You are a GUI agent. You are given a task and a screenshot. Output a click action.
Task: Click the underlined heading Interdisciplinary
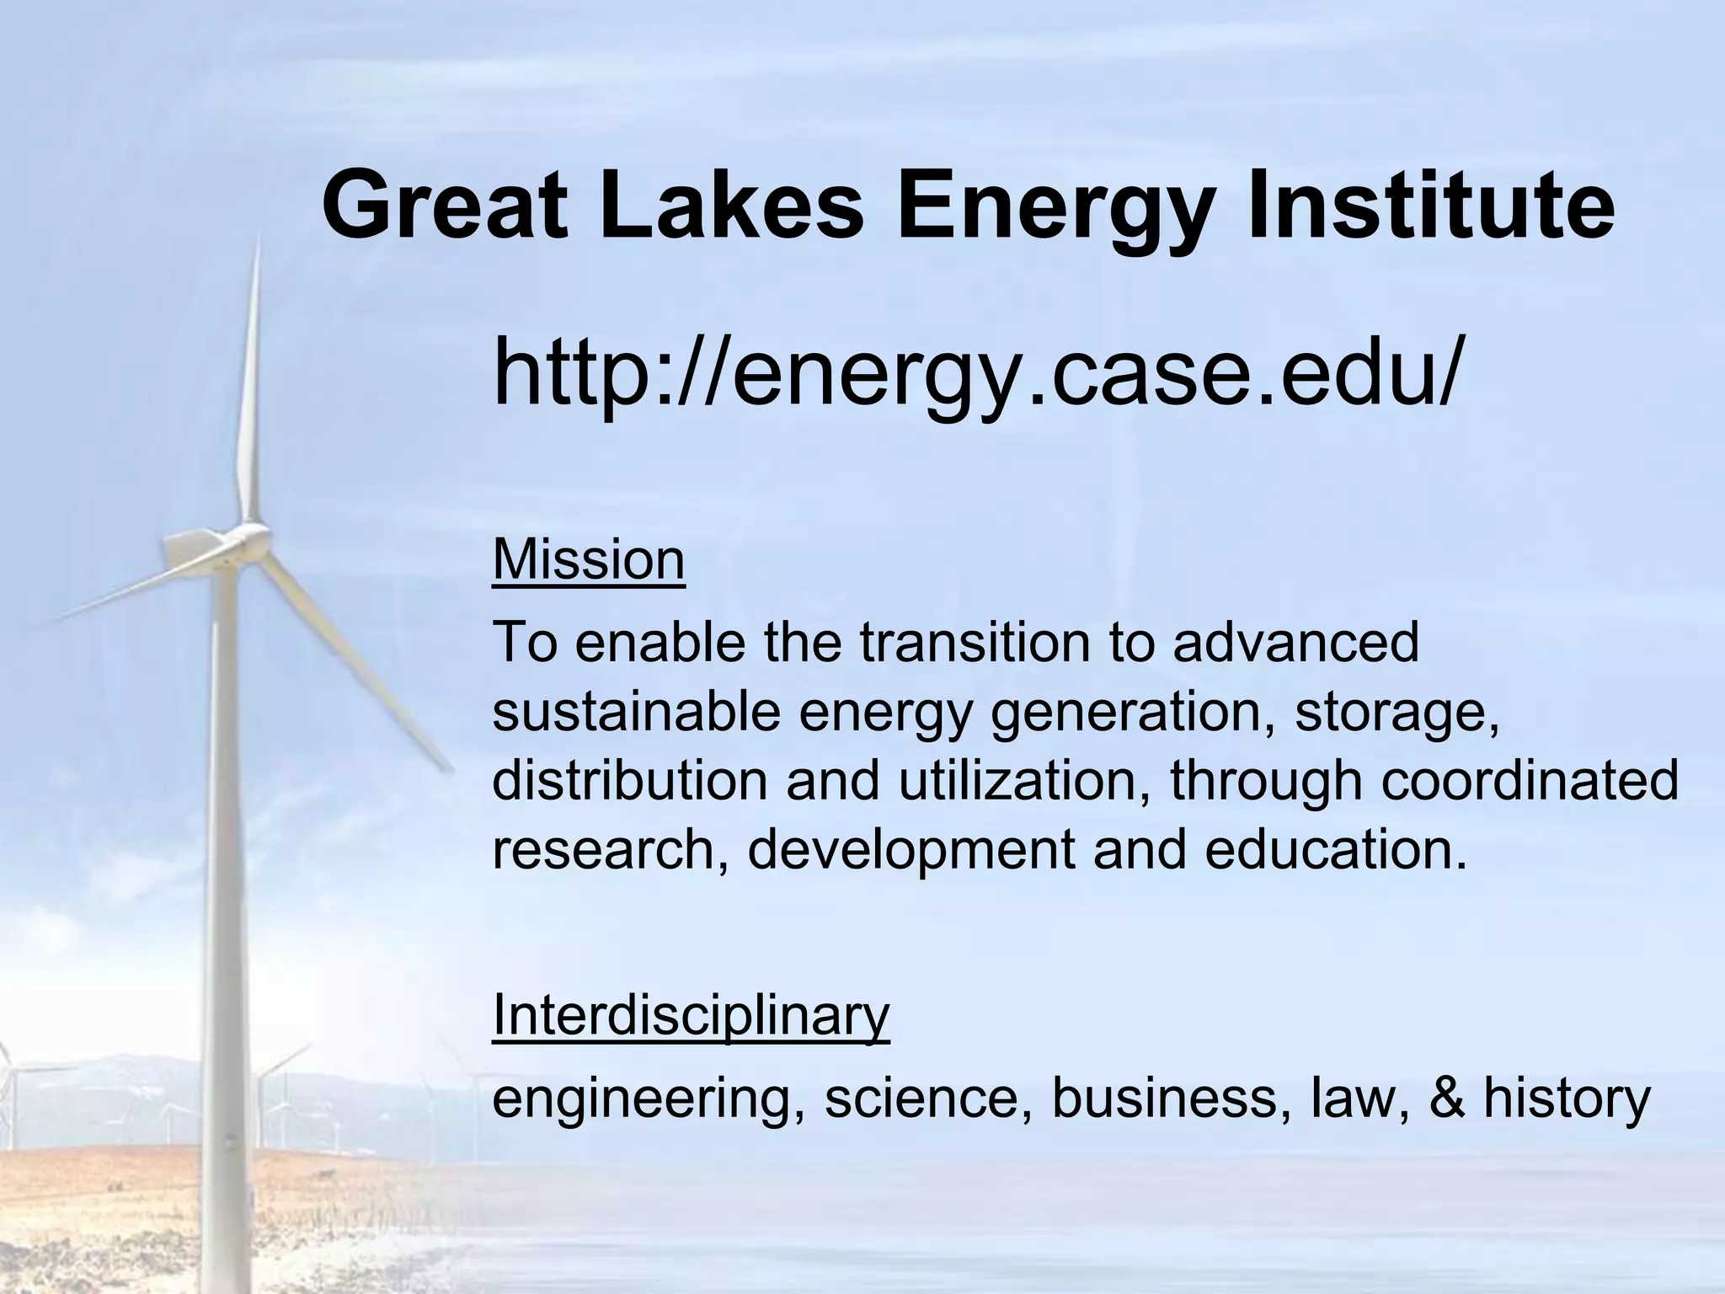pos(691,1015)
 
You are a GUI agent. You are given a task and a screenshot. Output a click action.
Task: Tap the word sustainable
pos(635,712)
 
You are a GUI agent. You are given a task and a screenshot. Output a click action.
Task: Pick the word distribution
pos(629,781)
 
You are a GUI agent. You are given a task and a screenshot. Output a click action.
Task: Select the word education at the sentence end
pos(1335,850)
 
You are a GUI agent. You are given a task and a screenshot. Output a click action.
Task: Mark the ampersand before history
pos(1450,1099)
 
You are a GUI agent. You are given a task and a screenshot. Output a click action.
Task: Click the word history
pos(1566,1099)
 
